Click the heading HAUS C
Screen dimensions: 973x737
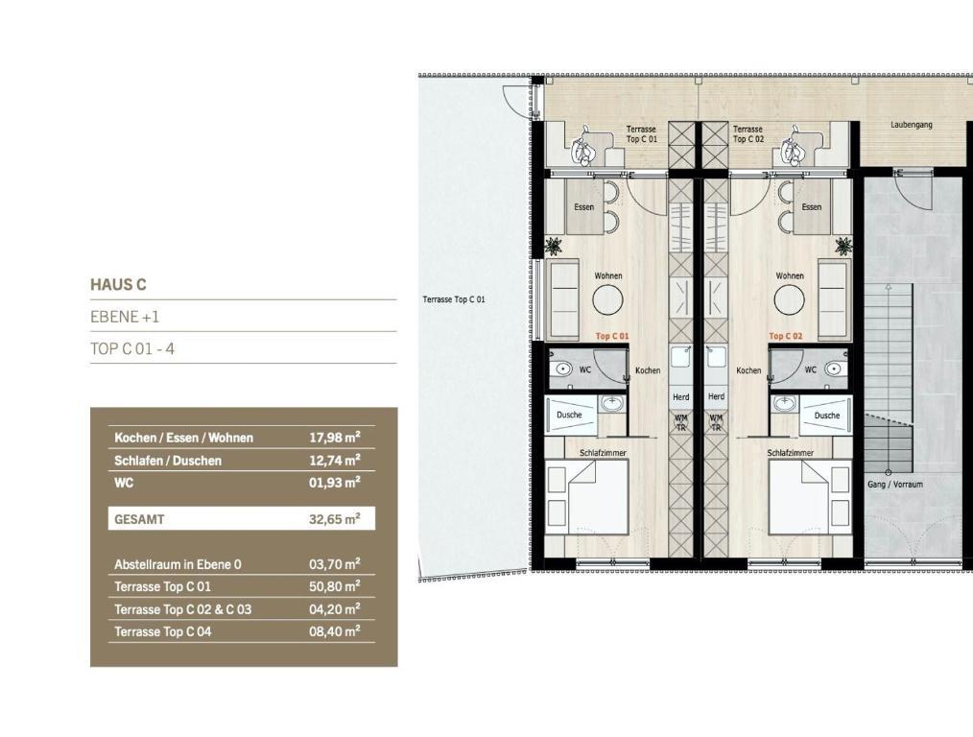[x=118, y=285]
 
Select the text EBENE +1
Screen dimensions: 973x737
[x=125, y=317]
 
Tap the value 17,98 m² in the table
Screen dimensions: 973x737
[x=335, y=438]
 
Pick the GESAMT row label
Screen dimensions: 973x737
[x=139, y=519]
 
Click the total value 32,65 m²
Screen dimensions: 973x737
[x=335, y=518]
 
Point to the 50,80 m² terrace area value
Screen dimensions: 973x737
[x=335, y=586]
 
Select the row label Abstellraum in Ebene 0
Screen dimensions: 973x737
[x=178, y=564]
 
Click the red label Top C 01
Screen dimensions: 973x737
[x=612, y=336]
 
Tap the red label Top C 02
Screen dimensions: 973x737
[x=785, y=336]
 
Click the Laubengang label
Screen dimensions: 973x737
[x=911, y=125]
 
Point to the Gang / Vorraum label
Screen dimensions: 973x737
[x=895, y=484]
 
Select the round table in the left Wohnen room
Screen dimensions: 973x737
[x=607, y=300]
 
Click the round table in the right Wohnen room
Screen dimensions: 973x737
[x=790, y=300]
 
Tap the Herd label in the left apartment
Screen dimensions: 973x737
[x=680, y=396]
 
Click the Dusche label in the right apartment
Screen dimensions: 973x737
[x=826, y=415]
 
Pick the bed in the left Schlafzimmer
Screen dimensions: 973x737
[x=587, y=496]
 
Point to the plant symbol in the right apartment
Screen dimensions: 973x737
[x=842, y=246]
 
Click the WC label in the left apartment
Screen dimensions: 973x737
[x=584, y=369]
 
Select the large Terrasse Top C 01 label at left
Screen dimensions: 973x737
[x=454, y=299]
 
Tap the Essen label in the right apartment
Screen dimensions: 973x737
[x=811, y=206]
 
